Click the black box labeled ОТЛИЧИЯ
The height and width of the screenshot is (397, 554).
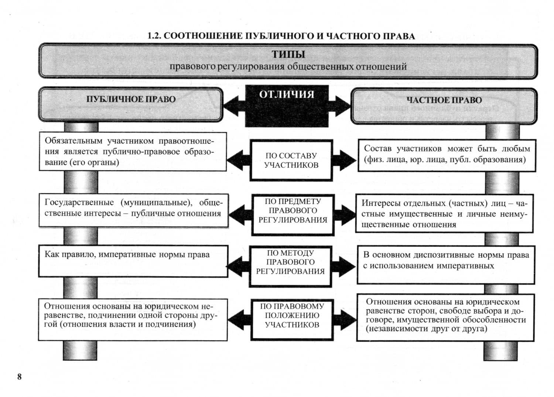click(x=287, y=106)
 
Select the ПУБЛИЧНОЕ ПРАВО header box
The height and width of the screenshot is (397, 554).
click(x=131, y=104)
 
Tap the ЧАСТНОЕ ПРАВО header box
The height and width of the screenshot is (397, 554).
click(x=444, y=106)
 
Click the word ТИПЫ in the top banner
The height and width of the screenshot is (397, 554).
click(x=288, y=54)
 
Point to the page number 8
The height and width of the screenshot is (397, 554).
click(x=19, y=376)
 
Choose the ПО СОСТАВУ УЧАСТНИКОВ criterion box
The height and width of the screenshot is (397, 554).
click(x=291, y=160)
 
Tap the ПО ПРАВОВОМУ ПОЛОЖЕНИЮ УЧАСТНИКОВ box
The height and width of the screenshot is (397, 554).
click(x=292, y=320)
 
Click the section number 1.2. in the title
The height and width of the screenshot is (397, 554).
click(x=154, y=36)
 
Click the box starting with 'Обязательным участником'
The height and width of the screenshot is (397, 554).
click(x=133, y=152)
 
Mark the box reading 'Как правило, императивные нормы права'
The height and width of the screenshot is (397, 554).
click(x=133, y=261)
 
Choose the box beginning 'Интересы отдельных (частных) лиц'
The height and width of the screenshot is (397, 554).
click(x=444, y=214)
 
